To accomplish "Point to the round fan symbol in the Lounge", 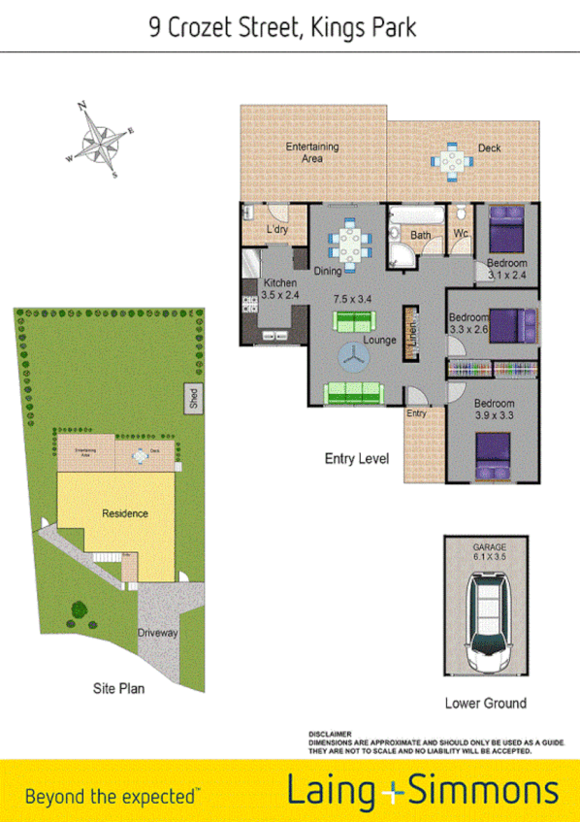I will [x=355, y=359].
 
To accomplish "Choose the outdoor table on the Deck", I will [x=452, y=161].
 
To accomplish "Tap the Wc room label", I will [x=462, y=235].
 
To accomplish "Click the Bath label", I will [x=420, y=235].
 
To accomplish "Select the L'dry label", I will [x=277, y=230].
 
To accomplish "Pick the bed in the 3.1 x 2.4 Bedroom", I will [x=504, y=231].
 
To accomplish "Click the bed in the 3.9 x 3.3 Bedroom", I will [x=492, y=454].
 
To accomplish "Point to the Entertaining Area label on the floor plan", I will [x=311, y=152].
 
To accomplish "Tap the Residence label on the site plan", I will [x=125, y=513].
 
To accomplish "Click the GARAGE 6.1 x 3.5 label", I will [x=489, y=552].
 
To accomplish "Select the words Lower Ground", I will [x=485, y=703].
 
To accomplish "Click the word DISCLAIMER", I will [x=329, y=735].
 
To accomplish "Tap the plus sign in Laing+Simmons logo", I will [x=391, y=792].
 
